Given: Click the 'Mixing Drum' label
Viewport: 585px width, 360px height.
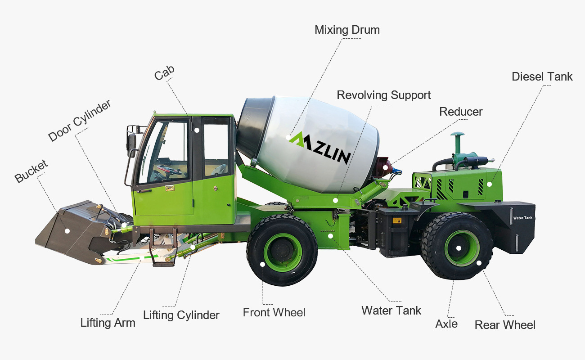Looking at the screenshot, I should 347,30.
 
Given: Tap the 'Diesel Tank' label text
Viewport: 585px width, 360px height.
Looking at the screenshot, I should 542,76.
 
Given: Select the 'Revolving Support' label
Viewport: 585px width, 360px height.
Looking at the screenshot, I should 383,95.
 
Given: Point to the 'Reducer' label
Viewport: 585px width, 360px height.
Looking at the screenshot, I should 461,112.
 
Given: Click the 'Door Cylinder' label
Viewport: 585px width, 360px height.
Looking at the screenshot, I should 79,121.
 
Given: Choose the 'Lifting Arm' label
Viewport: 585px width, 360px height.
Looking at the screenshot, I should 108,323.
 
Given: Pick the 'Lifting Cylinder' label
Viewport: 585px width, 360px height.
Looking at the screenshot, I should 181,315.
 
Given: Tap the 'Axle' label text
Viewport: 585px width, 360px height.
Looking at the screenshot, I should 446,324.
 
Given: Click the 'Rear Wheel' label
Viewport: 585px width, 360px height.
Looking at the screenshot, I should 505,325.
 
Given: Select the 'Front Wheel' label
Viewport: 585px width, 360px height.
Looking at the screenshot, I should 274,312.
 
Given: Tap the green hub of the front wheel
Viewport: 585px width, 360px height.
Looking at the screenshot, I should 283,252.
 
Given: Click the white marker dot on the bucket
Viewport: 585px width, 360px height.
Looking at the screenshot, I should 67,231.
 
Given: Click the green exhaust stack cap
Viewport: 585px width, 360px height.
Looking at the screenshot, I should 458,135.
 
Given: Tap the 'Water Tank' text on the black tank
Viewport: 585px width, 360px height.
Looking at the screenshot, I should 522,218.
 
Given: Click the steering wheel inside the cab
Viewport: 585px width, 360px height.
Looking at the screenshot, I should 169,171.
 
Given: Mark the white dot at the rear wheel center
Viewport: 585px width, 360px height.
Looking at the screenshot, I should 459,248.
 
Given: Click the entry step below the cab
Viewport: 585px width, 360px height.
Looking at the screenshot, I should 162,260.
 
